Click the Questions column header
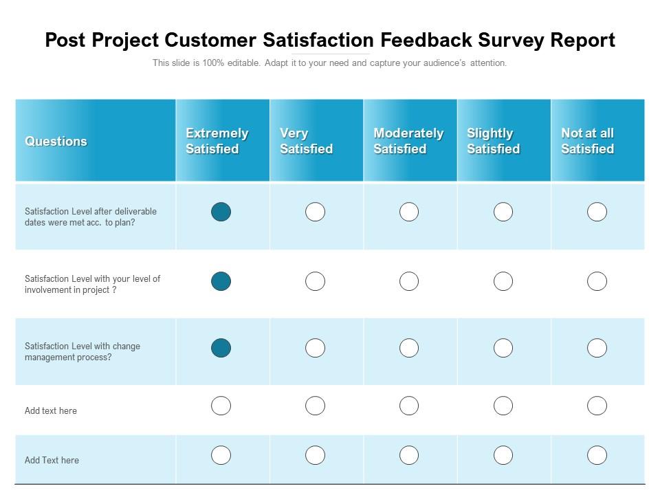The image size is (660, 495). tap(56, 141)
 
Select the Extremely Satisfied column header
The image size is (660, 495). tap(217, 141)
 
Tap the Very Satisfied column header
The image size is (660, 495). tap(306, 141)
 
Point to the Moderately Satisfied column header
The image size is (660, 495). tap(408, 141)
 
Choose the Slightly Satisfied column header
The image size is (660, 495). tap(493, 141)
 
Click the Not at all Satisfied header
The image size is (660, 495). tap(587, 141)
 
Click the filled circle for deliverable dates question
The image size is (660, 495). tap(221, 212)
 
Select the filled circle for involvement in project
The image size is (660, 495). tap(221, 281)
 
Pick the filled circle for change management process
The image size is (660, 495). tap(221, 348)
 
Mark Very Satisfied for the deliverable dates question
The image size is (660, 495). tap(315, 212)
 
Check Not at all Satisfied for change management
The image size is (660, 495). tap(597, 348)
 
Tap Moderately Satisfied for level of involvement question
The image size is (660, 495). tap(409, 281)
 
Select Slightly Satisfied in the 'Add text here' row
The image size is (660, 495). tap(503, 406)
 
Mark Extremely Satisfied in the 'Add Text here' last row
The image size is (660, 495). tap(221, 455)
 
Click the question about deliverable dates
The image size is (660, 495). tap(91, 217)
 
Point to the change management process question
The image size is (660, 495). tap(82, 352)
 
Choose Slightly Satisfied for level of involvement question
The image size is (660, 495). tap(503, 281)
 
